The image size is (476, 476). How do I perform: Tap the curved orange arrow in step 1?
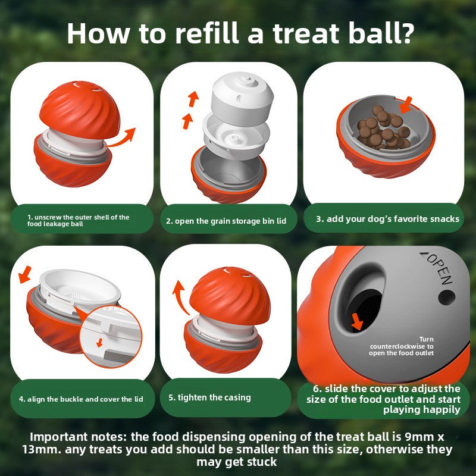point(123,136)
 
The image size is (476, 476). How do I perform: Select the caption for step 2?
point(226,221)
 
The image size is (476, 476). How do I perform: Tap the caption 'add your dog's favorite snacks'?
point(387,219)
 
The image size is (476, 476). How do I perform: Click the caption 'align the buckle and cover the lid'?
point(83,399)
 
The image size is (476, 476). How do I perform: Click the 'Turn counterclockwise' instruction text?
point(402,346)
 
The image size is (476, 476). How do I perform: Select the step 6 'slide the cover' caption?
point(384,399)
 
